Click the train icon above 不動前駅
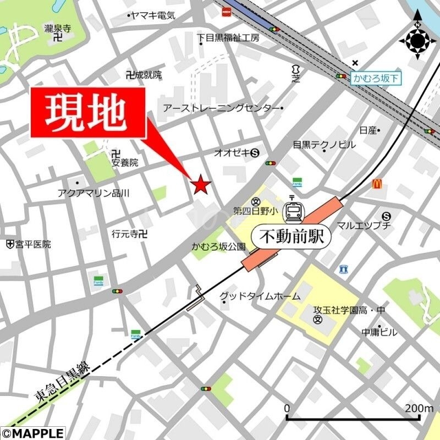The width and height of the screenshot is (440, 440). (291, 211)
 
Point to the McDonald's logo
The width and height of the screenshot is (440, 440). (377, 184)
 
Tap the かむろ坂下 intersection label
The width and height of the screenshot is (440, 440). (376, 79)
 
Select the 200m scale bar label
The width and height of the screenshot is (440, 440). (420, 408)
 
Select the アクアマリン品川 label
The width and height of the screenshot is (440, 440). (93, 193)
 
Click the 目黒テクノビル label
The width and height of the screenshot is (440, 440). (324, 145)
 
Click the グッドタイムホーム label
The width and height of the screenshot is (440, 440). (260, 296)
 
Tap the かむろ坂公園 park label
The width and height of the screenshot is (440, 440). (218, 247)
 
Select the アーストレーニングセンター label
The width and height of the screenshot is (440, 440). (221, 108)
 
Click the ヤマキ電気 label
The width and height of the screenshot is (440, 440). (153, 16)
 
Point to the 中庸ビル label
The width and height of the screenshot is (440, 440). (379, 332)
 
